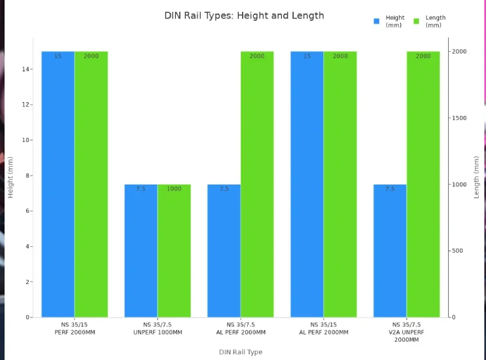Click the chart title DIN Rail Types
[244, 16]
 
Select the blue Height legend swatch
[377, 22]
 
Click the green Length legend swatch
[417, 22]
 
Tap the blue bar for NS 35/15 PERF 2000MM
[58, 184]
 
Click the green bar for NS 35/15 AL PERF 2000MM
[340, 184]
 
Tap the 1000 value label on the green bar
[174, 189]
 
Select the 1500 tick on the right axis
[460, 118]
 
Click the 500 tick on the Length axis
[459, 251]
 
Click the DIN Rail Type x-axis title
[241, 352]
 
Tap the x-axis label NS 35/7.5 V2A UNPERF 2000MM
[407, 332]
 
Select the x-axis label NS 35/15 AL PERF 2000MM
[323, 328]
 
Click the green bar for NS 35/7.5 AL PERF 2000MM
[257, 184]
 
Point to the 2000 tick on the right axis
[460, 51]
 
